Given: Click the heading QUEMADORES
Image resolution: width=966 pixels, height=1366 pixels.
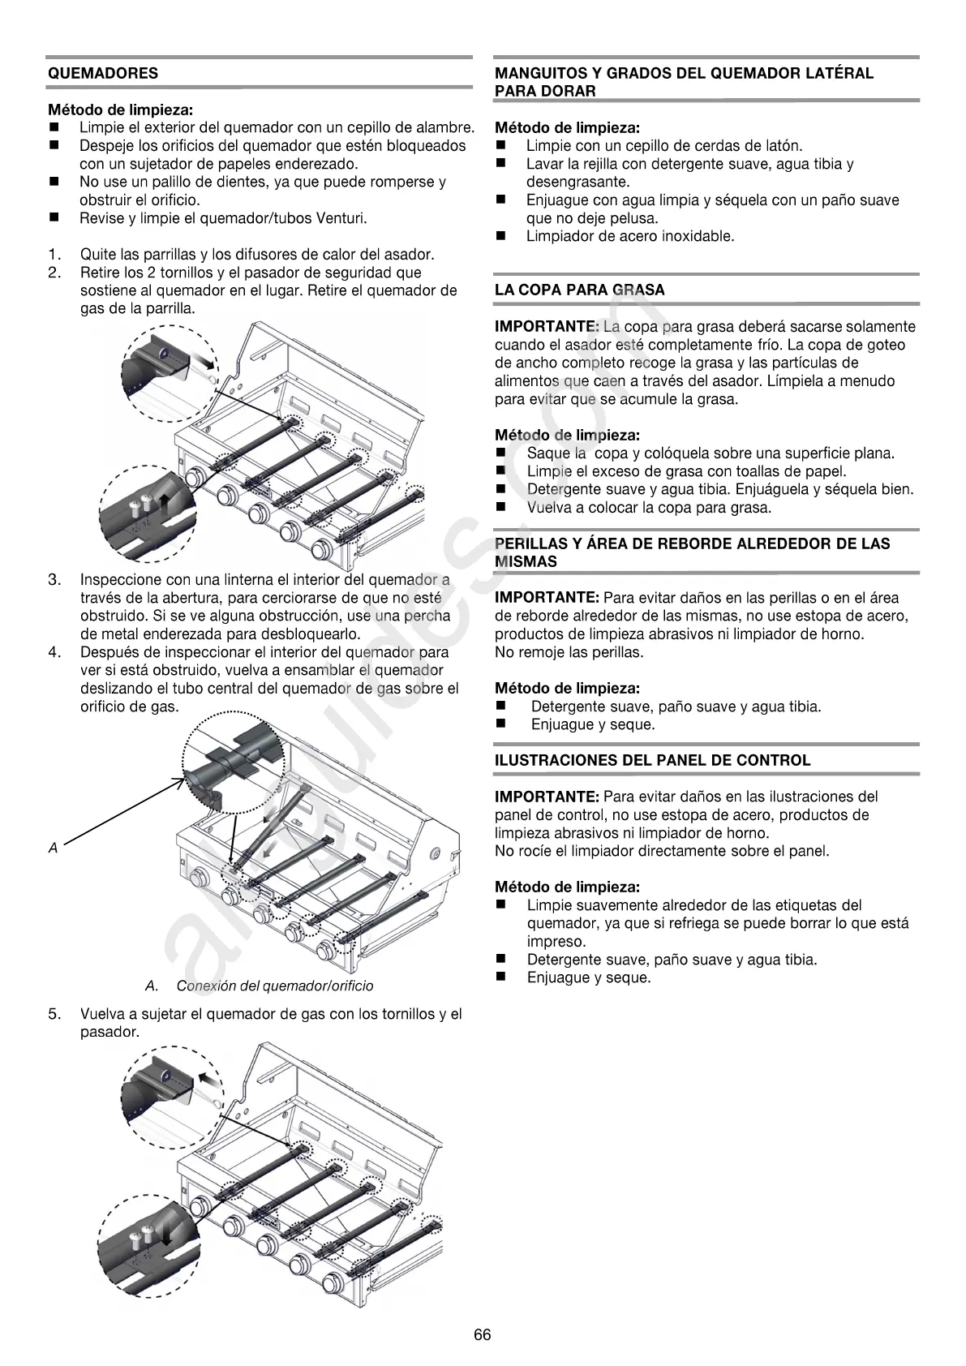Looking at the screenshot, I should (x=103, y=73).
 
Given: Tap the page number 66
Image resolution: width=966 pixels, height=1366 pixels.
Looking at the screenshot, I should (x=483, y=1335).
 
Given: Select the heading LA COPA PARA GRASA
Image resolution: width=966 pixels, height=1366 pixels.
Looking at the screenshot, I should (x=579, y=290).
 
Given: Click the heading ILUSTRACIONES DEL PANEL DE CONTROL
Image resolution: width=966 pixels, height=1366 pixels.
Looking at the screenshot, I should (x=652, y=761).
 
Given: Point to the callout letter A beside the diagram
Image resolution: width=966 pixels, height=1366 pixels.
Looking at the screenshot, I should (x=54, y=848).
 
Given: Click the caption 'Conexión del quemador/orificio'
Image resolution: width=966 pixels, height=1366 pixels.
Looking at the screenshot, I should (x=274, y=986).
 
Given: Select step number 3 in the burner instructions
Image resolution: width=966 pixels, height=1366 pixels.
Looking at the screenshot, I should (x=54, y=580).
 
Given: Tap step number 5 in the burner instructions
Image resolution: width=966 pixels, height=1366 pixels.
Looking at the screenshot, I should (x=54, y=1014).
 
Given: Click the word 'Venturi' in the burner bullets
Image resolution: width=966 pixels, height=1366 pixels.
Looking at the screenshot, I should (x=344, y=218).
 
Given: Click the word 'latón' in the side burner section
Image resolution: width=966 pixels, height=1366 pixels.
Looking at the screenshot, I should (x=783, y=146).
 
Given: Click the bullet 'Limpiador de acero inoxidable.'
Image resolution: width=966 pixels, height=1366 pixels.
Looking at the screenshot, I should (x=629, y=237).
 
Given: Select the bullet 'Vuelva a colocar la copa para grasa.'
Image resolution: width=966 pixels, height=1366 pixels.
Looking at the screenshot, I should (x=649, y=508).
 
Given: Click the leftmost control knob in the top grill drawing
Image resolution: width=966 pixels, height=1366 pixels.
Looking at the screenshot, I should (x=195, y=479).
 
